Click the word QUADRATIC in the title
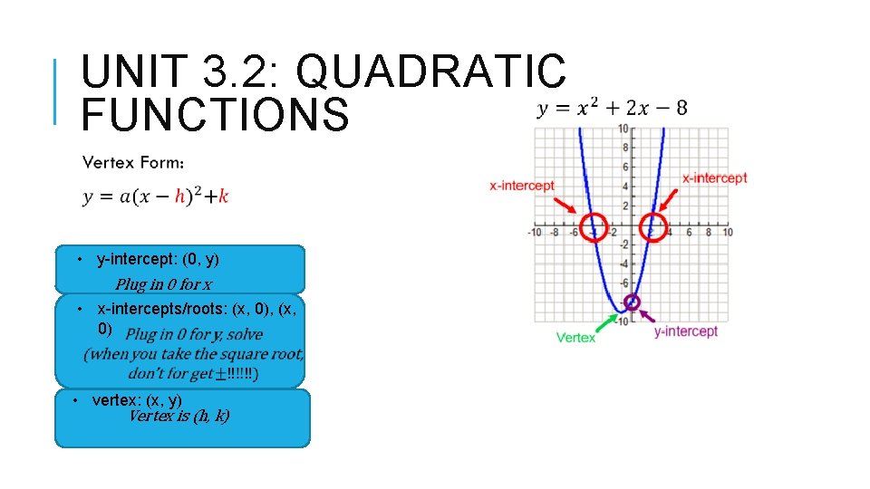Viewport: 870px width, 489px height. [x=430, y=72]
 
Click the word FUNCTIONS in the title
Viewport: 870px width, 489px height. [x=215, y=116]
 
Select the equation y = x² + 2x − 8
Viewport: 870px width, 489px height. [x=612, y=109]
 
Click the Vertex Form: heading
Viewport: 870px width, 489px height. [x=134, y=163]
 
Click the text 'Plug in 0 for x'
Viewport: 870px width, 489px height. [x=164, y=284]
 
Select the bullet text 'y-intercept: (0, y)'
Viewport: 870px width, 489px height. [x=158, y=260]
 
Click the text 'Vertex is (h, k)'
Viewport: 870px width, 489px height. [x=179, y=417]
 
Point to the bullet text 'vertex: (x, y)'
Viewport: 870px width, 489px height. [x=137, y=399]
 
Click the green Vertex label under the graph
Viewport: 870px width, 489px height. [x=575, y=338]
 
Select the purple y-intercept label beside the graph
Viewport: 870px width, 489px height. [x=685, y=331]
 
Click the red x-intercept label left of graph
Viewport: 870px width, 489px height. [x=521, y=186]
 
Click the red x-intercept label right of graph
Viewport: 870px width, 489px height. [x=714, y=178]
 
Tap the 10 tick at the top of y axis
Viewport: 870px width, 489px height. [x=623, y=129]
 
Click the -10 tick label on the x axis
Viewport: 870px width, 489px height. [x=536, y=233]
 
